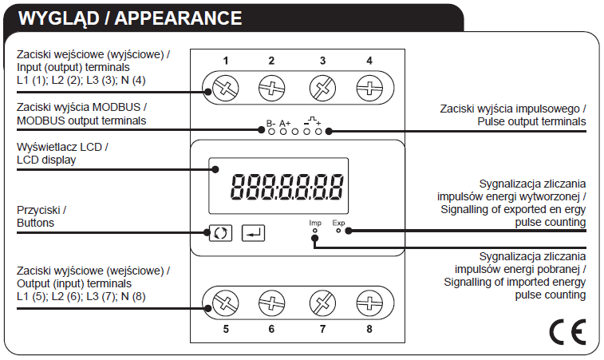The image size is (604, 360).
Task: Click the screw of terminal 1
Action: (x=226, y=88)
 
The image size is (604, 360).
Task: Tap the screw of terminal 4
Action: (x=369, y=88)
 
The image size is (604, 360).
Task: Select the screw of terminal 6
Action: (x=271, y=303)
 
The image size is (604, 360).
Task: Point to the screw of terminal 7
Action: (x=322, y=303)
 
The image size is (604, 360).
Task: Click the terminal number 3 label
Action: (x=322, y=61)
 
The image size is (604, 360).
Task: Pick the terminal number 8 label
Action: (x=369, y=329)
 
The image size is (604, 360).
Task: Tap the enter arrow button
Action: (x=253, y=233)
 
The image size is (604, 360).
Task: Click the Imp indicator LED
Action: (x=315, y=231)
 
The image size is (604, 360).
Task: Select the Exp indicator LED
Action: (x=338, y=231)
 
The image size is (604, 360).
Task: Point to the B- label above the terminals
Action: (x=270, y=124)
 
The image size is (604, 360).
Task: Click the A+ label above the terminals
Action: (x=285, y=124)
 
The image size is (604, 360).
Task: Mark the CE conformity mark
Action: (x=567, y=331)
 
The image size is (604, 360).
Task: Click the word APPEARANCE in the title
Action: (x=178, y=18)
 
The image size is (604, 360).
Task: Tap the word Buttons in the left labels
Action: (x=35, y=223)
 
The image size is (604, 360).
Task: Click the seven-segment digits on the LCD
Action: (x=286, y=187)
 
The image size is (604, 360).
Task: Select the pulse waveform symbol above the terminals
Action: (x=313, y=121)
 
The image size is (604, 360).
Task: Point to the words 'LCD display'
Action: (x=46, y=160)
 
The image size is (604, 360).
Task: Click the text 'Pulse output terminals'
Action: (x=531, y=121)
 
